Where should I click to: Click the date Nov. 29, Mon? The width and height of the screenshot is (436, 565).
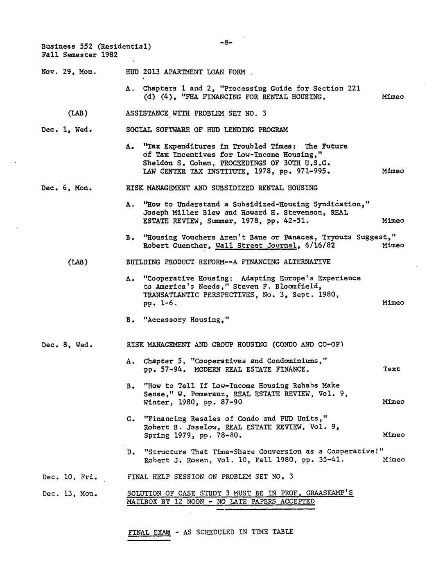point(69,72)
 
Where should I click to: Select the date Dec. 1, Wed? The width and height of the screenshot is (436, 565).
point(67,130)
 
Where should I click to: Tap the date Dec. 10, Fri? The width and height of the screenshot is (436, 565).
point(70,477)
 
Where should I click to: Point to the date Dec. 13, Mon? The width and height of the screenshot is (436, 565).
point(70,493)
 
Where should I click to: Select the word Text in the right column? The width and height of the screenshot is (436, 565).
point(391,369)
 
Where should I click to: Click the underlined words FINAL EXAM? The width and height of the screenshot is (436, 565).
point(149,532)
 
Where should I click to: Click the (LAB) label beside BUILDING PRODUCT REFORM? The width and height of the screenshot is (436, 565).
point(77,262)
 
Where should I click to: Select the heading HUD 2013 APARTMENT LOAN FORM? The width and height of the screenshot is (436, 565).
point(185,72)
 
